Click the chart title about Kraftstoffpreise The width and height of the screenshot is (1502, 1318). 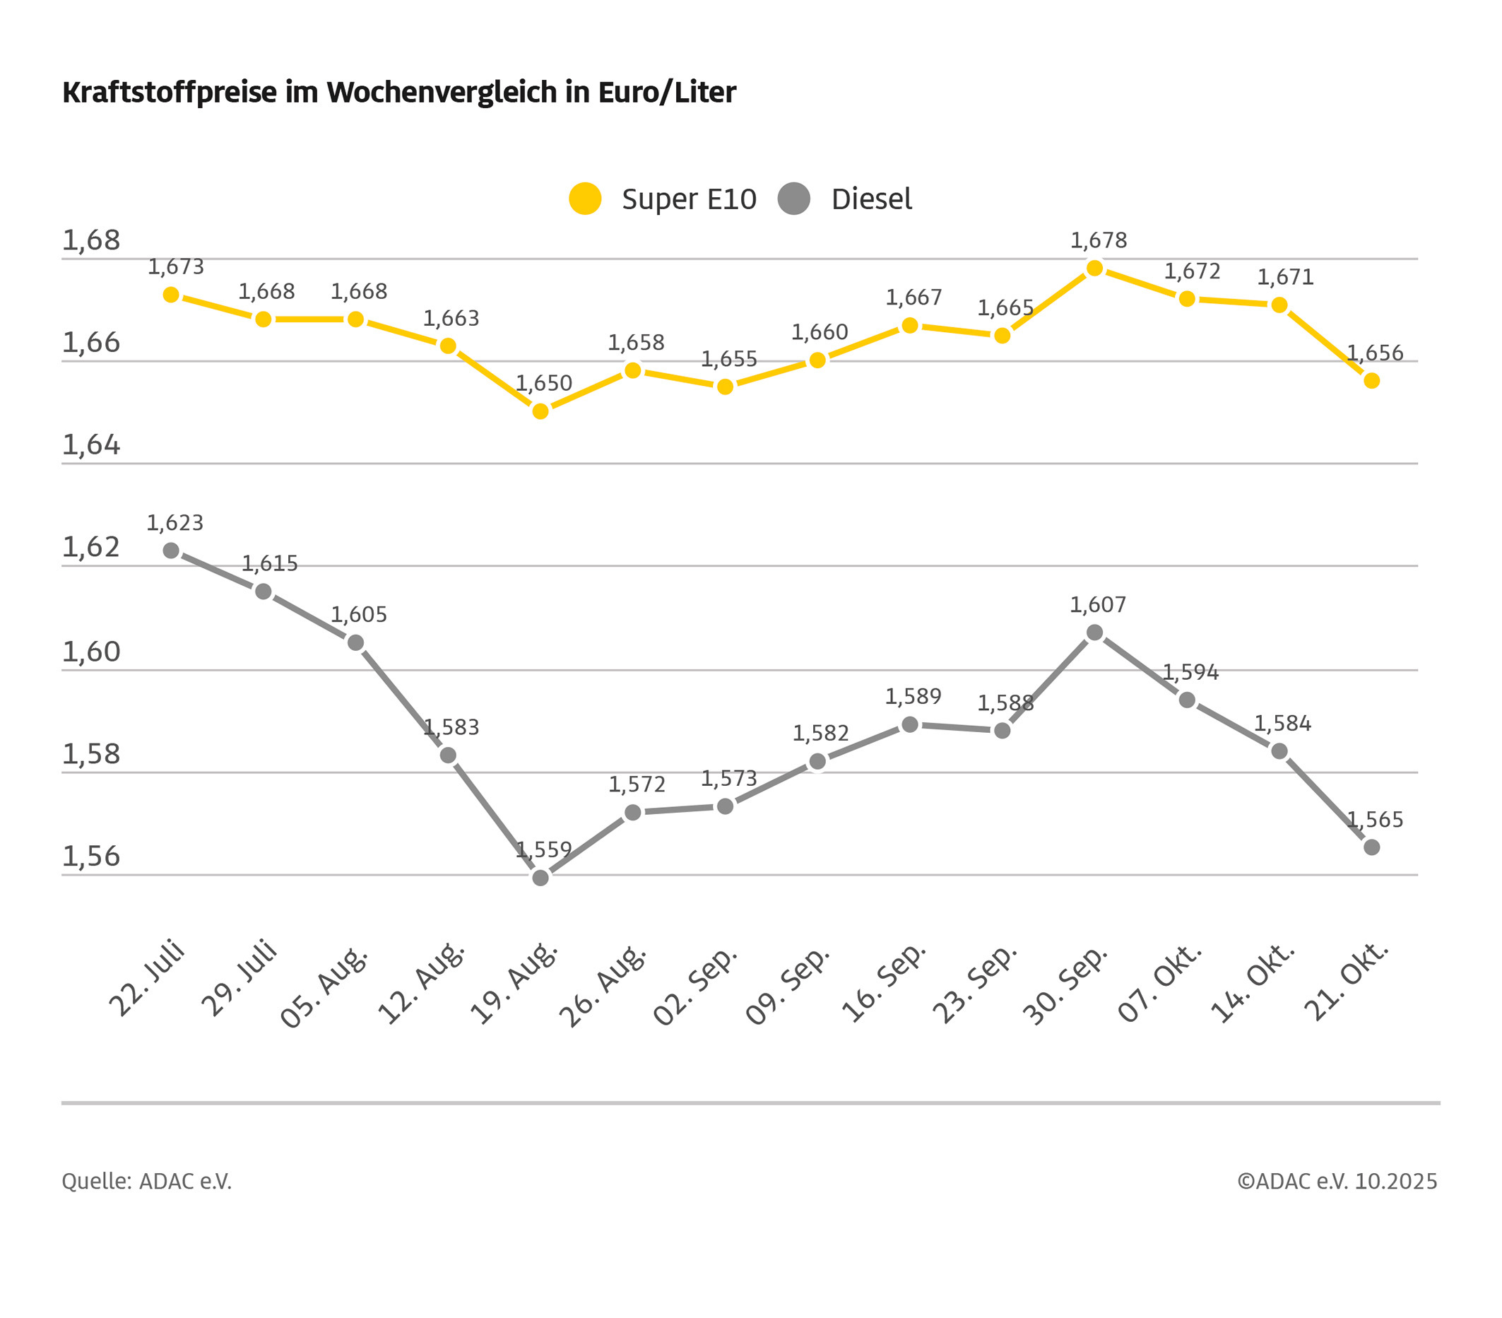[399, 93]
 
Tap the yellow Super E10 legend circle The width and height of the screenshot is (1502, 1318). [585, 199]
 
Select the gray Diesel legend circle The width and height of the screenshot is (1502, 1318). [793, 199]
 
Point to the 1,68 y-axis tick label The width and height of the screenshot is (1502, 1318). [90, 240]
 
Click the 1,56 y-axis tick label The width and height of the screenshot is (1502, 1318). [90, 857]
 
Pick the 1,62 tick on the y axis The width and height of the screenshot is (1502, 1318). [90, 548]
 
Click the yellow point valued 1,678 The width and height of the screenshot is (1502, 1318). [1094, 269]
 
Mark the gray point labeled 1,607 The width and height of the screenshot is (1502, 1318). [1094, 632]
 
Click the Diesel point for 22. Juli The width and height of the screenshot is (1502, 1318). [171, 551]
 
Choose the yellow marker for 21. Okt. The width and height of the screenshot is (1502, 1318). [1371, 381]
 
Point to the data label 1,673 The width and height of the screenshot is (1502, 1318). [176, 267]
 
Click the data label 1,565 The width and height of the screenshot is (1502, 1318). [1375, 820]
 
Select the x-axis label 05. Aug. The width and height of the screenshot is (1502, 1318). [324, 987]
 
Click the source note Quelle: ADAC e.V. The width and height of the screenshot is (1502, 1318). [146, 1182]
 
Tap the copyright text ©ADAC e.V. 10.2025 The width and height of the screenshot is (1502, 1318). [1337, 1182]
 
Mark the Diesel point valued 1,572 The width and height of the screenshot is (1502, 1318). [633, 812]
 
